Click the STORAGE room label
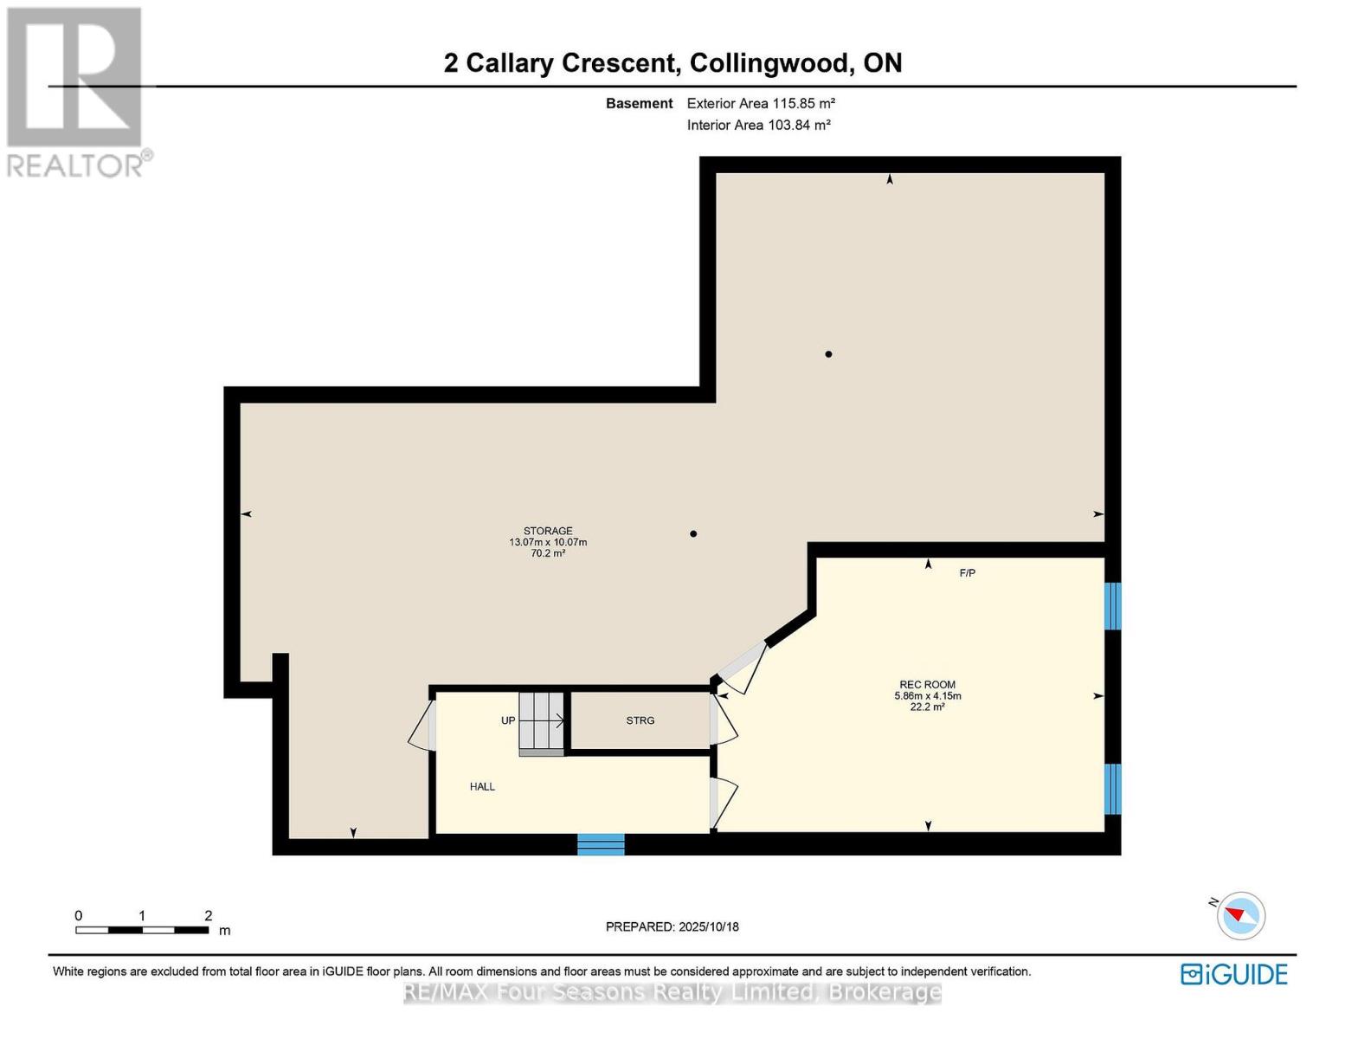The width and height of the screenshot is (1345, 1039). [x=548, y=531]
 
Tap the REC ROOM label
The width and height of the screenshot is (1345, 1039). [x=927, y=684]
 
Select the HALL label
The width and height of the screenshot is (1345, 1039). [x=482, y=786]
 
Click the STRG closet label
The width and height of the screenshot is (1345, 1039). [x=640, y=720]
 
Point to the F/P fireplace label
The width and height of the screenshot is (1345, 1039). [x=967, y=573]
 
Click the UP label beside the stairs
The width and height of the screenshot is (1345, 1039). [x=508, y=720]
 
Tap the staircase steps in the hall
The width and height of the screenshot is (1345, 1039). [x=541, y=721]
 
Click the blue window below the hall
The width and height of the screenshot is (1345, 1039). [x=601, y=844]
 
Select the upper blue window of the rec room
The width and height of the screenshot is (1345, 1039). [x=1113, y=606]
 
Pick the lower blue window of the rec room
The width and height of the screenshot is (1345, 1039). [x=1113, y=789]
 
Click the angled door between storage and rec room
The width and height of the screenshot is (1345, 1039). [x=743, y=668]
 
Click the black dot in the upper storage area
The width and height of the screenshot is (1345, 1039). [x=828, y=354]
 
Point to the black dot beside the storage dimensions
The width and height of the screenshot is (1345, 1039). [x=693, y=533]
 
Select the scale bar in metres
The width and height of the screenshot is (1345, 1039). [x=142, y=930]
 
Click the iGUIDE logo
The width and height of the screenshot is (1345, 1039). [x=1233, y=974]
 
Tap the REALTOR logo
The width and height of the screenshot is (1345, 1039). [x=76, y=91]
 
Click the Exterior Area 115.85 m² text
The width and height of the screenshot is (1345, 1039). [x=761, y=103]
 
